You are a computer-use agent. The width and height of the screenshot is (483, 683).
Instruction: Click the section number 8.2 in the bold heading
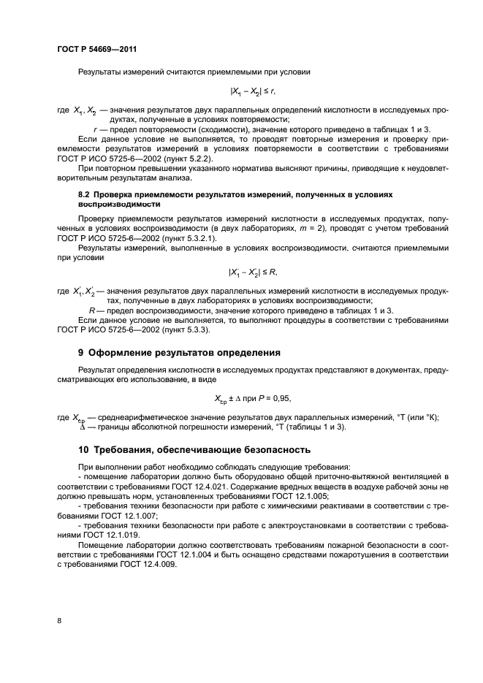83,195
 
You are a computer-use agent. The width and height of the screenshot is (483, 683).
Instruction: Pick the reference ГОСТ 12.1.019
118,534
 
